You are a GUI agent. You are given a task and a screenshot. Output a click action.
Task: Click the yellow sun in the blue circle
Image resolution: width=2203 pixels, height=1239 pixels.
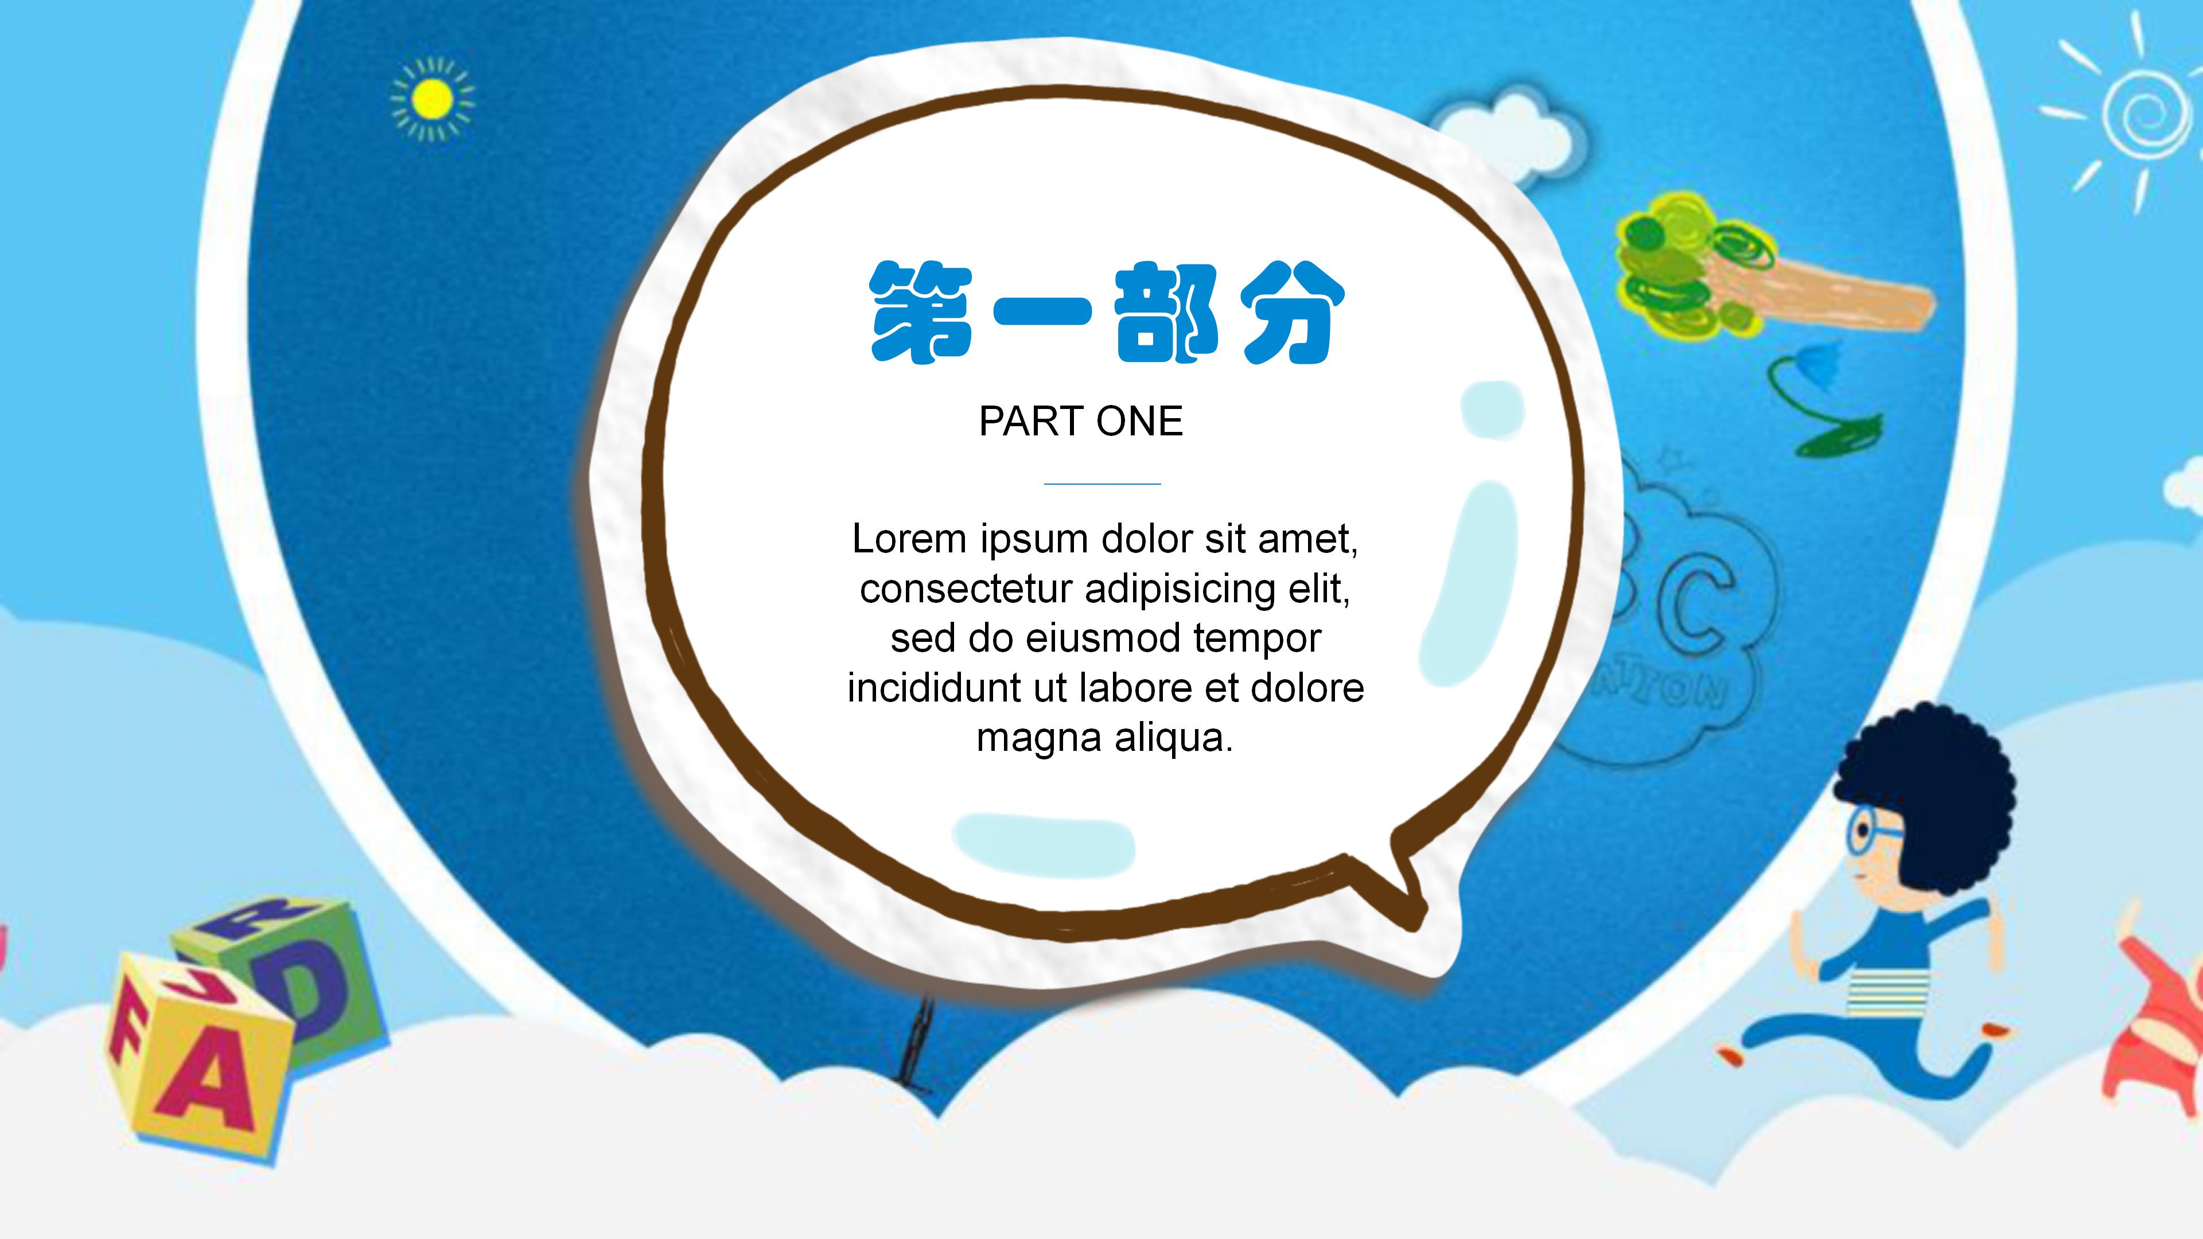[432, 100]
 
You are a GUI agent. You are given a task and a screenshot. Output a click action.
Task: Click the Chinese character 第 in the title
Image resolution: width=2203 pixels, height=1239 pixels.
[921, 313]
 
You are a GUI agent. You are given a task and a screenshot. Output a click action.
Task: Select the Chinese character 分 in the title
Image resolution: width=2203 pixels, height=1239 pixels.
[1292, 313]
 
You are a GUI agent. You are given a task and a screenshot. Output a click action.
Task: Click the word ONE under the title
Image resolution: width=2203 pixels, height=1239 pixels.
[1140, 422]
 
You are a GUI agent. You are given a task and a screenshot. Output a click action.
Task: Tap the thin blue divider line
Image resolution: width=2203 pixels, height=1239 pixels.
[1101, 484]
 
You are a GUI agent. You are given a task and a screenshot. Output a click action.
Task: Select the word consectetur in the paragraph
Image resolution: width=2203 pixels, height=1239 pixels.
[966, 589]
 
